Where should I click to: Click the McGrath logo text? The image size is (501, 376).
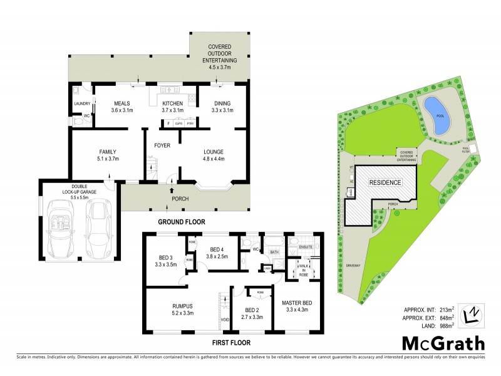point(443,343)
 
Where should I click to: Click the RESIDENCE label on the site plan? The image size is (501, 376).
point(385,182)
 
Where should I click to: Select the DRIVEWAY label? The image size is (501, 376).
point(353,266)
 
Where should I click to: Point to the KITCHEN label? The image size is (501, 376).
point(172,103)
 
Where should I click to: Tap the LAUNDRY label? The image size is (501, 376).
point(83,103)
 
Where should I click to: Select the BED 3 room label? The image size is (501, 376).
point(166,259)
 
